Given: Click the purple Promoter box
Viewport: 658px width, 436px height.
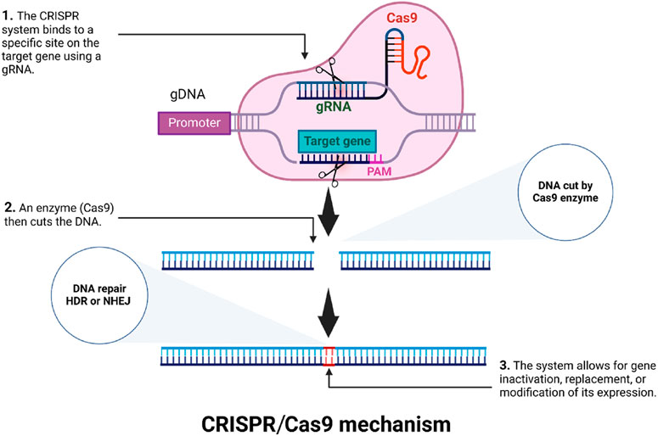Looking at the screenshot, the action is [x=194, y=123].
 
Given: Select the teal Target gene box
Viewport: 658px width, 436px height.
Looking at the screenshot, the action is [x=337, y=142].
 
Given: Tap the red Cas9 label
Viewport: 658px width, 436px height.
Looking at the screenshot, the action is [x=402, y=18].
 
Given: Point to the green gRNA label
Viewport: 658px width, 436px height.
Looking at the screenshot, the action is [x=334, y=107].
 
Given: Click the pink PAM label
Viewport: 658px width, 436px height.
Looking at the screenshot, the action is [x=379, y=171].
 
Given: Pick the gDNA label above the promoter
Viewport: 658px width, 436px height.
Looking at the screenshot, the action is [x=188, y=94].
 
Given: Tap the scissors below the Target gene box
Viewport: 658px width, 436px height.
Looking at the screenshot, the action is [x=330, y=174].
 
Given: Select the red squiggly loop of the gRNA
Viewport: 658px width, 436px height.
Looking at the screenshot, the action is [x=415, y=63].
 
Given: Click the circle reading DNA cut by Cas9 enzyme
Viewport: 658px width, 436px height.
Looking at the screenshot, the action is [x=565, y=192].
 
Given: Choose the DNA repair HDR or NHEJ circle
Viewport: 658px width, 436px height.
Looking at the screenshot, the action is [x=99, y=295].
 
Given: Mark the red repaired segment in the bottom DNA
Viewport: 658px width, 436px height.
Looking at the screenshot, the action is [x=329, y=356].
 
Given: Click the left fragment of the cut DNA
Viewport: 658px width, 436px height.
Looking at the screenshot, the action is [x=238, y=260].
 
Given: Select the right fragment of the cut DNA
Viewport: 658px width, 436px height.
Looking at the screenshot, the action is [x=415, y=260].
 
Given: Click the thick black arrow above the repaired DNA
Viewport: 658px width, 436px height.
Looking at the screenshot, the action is [x=329, y=312].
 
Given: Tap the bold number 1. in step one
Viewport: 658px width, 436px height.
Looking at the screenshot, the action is [x=8, y=16].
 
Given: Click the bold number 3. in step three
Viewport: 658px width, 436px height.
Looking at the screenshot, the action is [x=505, y=366].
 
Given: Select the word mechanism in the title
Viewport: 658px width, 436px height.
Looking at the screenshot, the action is [x=395, y=424].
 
